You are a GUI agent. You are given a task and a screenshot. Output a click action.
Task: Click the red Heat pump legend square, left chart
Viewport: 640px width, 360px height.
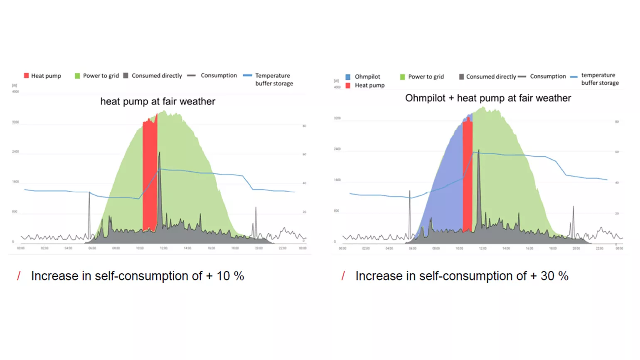[27, 76]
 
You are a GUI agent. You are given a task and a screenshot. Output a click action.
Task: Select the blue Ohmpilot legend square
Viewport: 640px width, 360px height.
[348, 77]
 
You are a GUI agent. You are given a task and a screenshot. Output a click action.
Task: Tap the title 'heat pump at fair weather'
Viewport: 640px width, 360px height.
[158, 101]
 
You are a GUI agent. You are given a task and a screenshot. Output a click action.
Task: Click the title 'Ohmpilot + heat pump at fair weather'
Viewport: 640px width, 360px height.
[488, 98]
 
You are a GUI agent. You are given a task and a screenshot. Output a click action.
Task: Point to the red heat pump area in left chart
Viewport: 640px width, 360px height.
[150, 175]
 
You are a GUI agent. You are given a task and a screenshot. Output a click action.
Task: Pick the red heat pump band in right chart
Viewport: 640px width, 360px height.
[468, 175]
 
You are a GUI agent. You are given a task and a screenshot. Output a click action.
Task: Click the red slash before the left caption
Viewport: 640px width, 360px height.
[19, 276]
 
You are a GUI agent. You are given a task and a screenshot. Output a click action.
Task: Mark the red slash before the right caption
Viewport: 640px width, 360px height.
[343, 276]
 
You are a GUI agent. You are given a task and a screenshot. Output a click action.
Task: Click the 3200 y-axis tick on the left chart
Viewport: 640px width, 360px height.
[15, 122]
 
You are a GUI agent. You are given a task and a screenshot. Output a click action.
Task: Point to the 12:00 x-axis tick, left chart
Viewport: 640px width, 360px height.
[164, 248]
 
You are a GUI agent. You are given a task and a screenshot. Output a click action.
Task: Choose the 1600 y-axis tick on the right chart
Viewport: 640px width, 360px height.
[337, 180]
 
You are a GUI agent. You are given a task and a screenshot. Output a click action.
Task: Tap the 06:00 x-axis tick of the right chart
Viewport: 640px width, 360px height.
[412, 249]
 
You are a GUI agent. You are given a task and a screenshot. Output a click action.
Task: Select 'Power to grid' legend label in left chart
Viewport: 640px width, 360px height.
[101, 76]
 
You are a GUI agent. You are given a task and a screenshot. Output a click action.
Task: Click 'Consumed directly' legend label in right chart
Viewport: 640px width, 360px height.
[491, 76]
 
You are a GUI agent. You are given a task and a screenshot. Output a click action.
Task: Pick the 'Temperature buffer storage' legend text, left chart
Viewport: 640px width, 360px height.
[274, 79]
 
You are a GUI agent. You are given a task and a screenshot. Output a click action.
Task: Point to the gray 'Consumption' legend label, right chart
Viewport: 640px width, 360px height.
[548, 76]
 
